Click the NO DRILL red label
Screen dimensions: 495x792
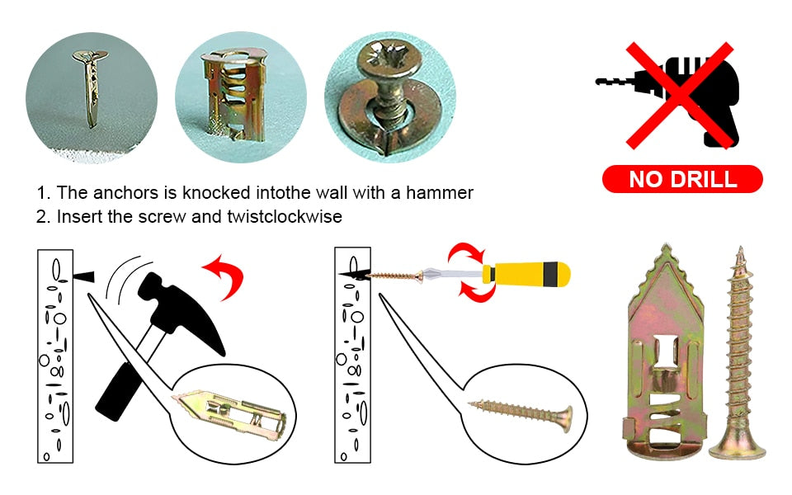point(682,179)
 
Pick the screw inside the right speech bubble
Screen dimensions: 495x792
point(521,411)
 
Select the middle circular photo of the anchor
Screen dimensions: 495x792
point(240,97)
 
